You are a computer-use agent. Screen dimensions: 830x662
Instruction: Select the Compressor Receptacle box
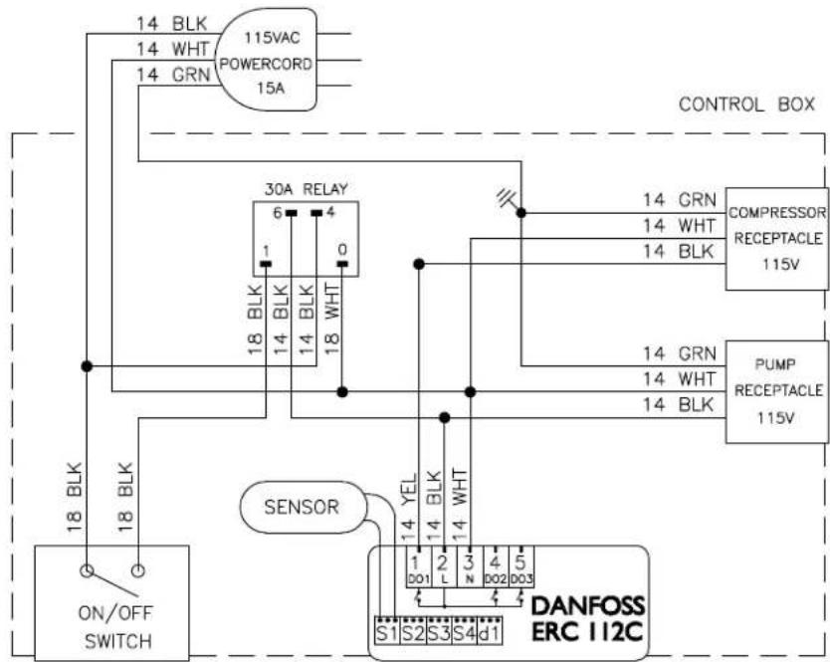click(x=776, y=238)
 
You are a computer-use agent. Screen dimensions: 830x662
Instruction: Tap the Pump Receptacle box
click(x=776, y=392)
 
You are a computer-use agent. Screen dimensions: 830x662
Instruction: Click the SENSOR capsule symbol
click(x=303, y=507)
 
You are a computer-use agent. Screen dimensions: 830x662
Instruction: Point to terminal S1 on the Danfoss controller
click(x=387, y=631)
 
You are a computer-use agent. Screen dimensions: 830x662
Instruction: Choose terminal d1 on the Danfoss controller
click(x=491, y=631)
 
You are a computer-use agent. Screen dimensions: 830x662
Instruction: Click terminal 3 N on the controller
click(x=469, y=566)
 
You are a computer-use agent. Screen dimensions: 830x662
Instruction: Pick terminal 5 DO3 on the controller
click(x=520, y=566)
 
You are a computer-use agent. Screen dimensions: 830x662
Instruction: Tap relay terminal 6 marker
click(x=292, y=213)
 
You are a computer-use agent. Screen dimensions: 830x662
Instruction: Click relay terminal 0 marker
click(x=342, y=263)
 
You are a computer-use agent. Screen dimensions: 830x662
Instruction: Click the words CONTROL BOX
click(x=746, y=105)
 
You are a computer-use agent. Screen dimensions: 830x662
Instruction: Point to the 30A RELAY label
click(x=306, y=189)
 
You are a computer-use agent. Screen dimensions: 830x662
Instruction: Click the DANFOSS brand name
click(x=587, y=605)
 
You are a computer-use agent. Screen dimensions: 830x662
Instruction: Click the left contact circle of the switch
click(x=87, y=570)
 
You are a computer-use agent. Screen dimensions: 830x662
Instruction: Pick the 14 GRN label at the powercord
click(x=173, y=75)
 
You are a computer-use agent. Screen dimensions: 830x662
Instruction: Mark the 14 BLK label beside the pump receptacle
click(x=679, y=404)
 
